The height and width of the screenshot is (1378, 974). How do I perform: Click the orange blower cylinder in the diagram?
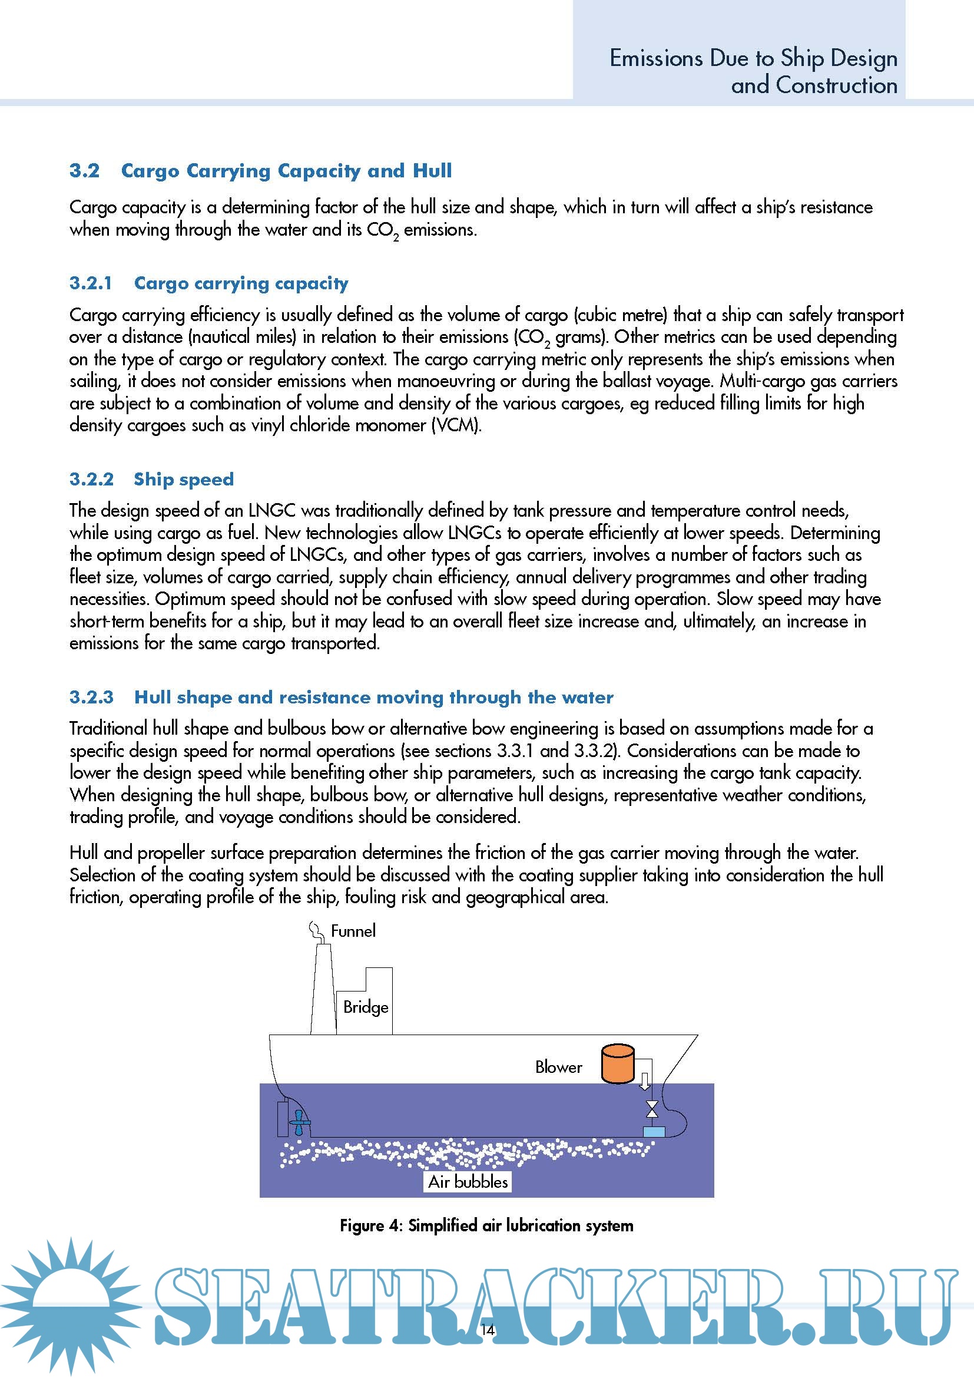(617, 1064)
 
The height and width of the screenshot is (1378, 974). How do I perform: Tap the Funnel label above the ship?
(353, 931)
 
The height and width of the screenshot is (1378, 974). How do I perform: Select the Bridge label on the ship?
(365, 1006)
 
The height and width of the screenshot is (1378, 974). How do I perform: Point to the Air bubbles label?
(468, 1181)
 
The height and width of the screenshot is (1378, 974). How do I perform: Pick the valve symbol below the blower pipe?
(652, 1110)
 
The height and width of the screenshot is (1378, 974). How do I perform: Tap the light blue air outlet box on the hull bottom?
(654, 1132)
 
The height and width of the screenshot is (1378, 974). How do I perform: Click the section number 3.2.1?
(91, 283)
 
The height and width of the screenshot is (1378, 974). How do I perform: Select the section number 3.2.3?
(91, 697)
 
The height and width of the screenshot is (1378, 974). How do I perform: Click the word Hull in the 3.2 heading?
(432, 170)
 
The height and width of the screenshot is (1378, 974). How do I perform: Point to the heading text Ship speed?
(184, 479)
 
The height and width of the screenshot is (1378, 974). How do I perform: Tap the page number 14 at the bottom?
(488, 1329)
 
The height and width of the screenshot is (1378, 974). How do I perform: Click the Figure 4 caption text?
(486, 1225)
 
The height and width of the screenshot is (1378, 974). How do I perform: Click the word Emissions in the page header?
(656, 58)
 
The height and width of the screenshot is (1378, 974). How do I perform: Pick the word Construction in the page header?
(837, 85)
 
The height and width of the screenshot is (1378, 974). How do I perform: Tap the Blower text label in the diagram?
(558, 1066)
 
